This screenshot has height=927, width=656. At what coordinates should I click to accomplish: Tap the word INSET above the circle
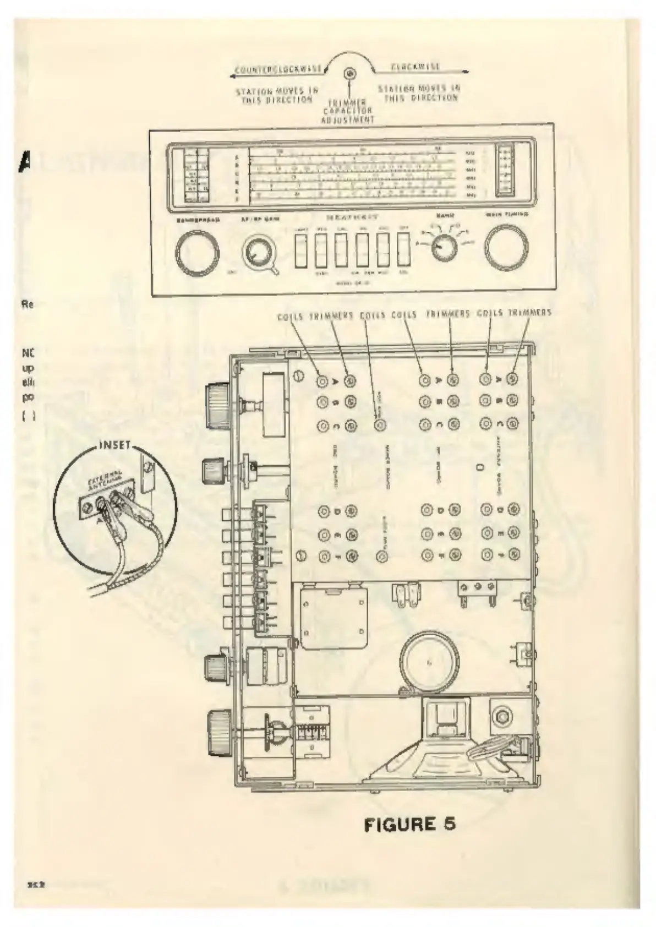115,444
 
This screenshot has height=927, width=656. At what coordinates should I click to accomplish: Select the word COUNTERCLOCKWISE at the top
279,70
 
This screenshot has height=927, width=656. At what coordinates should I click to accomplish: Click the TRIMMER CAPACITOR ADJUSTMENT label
348,111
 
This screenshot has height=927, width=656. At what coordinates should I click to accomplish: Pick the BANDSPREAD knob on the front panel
197,252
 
